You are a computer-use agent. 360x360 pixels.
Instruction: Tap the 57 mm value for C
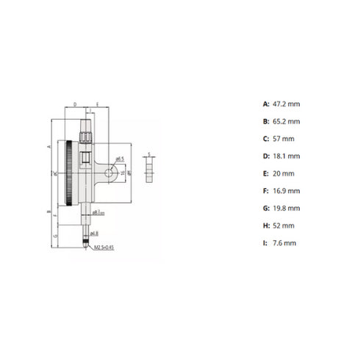[x=283, y=138]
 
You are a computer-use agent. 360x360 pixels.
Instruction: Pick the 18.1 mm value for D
[x=285, y=156]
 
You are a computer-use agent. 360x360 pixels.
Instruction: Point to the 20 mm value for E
[x=283, y=173]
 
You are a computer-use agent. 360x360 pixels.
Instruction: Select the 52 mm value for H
[x=283, y=226]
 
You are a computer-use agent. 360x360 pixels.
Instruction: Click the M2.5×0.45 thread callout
[x=104, y=248]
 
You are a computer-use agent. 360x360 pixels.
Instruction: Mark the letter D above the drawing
[x=76, y=105]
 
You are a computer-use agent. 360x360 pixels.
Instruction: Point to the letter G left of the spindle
[x=54, y=236]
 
